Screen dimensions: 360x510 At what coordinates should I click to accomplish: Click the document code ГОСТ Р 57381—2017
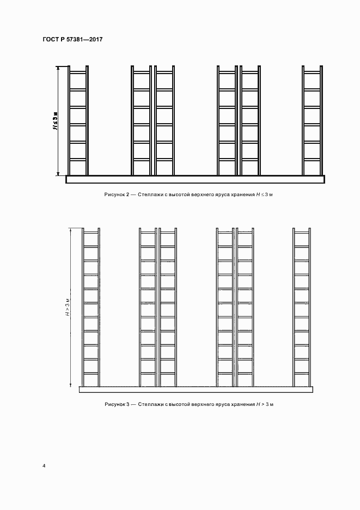(72, 39)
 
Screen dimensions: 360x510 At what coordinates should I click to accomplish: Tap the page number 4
(44, 466)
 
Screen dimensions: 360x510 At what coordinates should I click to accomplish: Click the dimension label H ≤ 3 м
(56, 121)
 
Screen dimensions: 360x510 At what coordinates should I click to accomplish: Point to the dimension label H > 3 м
(68, 307)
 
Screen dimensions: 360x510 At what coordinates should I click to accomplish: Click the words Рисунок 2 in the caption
(117, 195)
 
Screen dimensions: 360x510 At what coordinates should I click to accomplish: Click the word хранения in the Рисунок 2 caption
(242, 195)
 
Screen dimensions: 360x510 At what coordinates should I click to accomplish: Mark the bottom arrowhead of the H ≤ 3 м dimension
(58, 173)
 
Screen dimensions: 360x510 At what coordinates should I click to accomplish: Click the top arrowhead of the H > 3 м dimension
(71, 230)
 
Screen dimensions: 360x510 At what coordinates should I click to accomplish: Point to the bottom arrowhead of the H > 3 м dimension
(71, 385)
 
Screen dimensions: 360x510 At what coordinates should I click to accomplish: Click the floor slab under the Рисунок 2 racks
(195, 179)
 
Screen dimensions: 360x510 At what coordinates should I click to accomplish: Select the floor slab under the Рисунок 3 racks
(196, 390)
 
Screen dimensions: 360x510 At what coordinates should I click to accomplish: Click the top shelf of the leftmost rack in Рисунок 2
(78, 72)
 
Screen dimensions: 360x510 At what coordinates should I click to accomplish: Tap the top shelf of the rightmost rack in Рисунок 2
(312, 72)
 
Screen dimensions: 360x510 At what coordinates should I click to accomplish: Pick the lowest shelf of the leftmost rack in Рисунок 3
(91, 373)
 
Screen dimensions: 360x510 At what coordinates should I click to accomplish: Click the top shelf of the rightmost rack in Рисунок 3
(302, 233)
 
